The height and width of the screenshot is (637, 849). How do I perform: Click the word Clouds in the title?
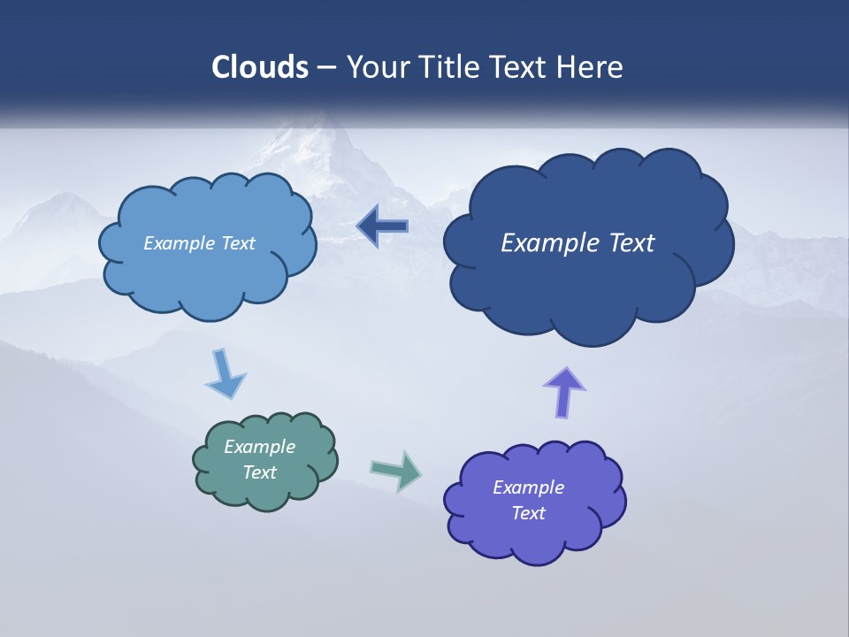[260, 67]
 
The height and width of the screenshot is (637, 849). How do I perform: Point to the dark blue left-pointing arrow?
[382, 227]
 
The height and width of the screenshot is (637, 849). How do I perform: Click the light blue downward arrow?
[225, 374]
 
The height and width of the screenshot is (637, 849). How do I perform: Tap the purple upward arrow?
[564, 392]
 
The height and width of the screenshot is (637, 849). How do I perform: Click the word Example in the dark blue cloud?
[548, 243]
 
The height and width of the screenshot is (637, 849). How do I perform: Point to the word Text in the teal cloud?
[260, 472]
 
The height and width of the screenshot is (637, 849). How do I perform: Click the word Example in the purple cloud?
[528, 487]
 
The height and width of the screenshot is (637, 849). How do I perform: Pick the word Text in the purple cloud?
[528, 513]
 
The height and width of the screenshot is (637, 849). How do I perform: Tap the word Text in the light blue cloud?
[237, 243]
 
